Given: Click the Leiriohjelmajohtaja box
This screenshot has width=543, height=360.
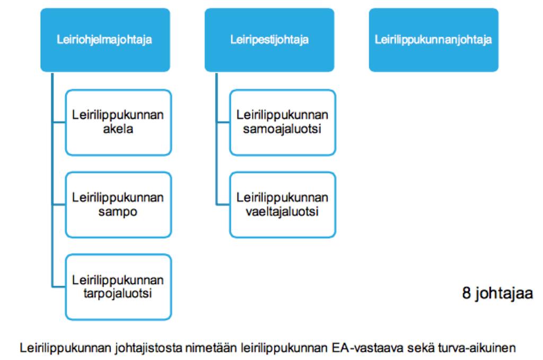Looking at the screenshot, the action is [106, 40].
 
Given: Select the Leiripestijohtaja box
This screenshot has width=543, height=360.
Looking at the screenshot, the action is [269, 40].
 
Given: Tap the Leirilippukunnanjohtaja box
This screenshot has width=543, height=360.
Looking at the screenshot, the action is [434, 40].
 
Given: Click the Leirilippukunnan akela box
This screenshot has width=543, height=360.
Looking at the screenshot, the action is [118, 122].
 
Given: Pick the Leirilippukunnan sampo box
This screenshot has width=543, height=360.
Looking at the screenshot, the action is [118, 205].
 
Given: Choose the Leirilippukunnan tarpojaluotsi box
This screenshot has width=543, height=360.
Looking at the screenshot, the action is [118, 287].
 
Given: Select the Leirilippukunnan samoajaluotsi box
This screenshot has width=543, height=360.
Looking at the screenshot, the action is [283, 122].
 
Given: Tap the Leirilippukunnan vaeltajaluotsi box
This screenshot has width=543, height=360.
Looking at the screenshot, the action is [283, 205].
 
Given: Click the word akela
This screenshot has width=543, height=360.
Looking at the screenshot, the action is [118, 129].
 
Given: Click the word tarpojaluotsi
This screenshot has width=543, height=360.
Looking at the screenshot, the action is [118, 294].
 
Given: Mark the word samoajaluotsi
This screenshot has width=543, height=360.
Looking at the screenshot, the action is [282, 129].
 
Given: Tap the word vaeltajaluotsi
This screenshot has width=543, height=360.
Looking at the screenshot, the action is [282, 211].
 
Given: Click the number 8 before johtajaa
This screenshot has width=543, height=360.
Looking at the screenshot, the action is [467, 293].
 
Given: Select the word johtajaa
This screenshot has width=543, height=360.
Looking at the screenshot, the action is [504, 294].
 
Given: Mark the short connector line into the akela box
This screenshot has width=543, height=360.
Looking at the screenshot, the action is [59, 122].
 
